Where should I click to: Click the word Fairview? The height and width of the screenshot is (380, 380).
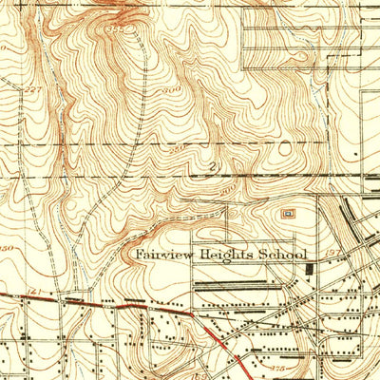pyautogui.click(x=163, y=256)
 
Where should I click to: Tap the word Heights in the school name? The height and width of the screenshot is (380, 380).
pyautogui.click(x=229, y=256)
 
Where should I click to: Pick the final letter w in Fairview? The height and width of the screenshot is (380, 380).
pyautogui.click(x=191, y=256)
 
